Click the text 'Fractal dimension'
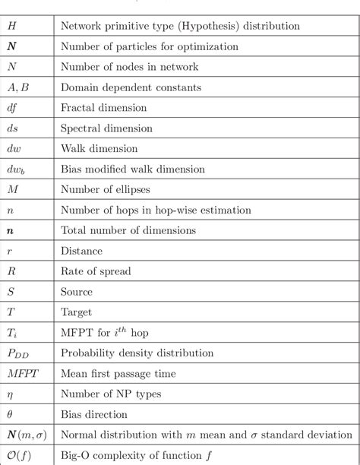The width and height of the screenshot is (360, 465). point(99,109)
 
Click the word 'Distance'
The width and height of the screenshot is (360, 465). point(81,250)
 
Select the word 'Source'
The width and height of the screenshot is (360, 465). point(77,291)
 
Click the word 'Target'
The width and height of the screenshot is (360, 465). point(77,312)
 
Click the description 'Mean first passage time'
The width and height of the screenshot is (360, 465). point(117,374)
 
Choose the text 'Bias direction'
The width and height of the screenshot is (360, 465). point(93,415)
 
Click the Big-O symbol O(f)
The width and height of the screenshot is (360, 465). point(20,455)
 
